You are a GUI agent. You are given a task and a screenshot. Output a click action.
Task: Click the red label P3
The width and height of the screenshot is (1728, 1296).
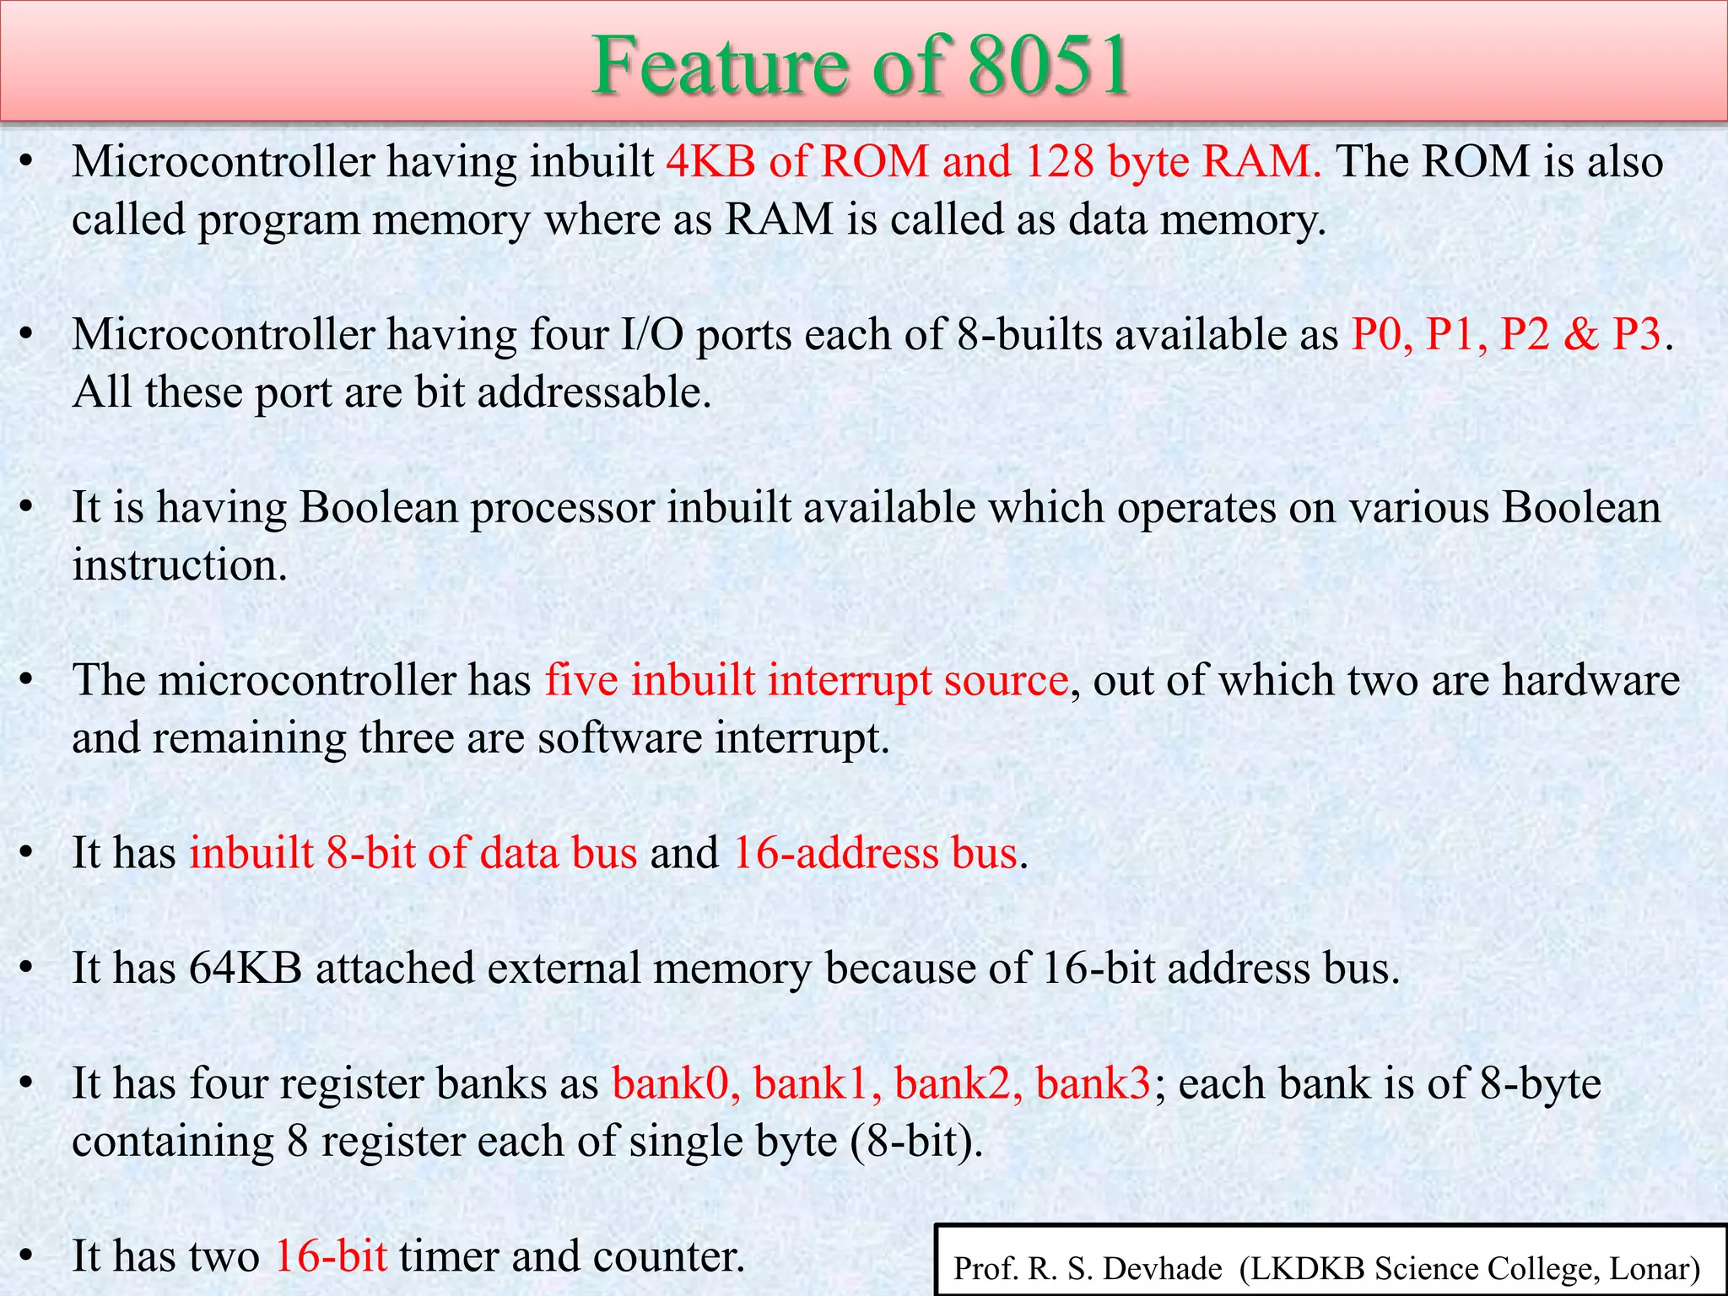pyautogui.click(x=1637, y=334)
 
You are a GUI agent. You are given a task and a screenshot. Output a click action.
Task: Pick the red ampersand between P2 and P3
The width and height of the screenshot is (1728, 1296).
pyautogui.click(x=1580, y=334)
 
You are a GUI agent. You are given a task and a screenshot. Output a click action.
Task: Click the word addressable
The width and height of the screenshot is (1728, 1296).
pyautogui.click(x=594, y=391)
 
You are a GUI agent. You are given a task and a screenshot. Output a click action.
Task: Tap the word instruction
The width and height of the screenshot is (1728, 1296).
pyautogui.click(x=179, y=564)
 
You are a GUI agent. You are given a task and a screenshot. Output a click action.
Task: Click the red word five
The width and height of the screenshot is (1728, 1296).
pyautogui.click(x=581, y=680)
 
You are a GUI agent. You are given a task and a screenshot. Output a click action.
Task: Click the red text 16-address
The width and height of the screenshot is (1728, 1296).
pyautogui.click(x=835, y=853)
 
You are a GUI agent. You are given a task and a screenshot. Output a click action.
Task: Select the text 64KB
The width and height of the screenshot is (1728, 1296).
pyautogui.click(x=245, y=968)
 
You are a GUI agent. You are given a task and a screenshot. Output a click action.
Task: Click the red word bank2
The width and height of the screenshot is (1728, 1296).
pyautogui.click(x=957, y=1083)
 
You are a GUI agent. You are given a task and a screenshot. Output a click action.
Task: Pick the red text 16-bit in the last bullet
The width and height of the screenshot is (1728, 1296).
pyautogui.click(x=331, y=1256)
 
